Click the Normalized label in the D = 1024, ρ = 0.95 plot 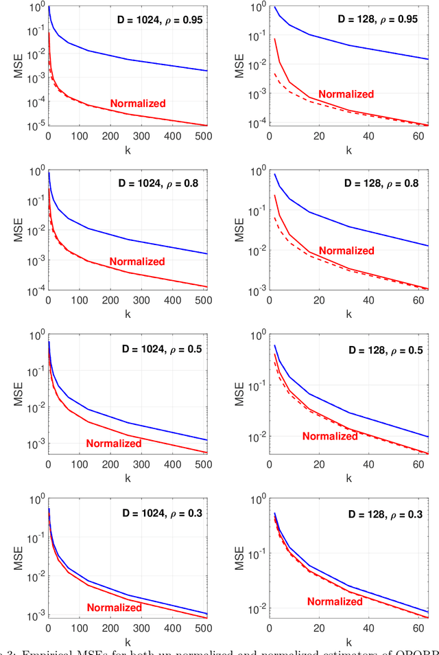click(x=138, y=104)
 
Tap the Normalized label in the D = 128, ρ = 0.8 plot click(x=346, y=251)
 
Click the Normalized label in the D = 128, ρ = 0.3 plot click(x=335, y=601)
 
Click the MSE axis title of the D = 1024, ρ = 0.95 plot click(x=20, y=66)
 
